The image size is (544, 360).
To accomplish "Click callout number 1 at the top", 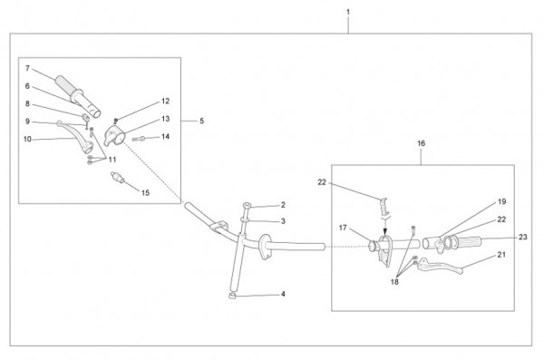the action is tap(348, 12).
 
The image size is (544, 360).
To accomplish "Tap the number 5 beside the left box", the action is tap(201, 121).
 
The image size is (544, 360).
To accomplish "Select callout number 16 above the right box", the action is tap(422, 143).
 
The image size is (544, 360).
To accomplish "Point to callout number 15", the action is tap(145, 192).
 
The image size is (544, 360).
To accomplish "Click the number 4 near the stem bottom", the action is tap(283, 294).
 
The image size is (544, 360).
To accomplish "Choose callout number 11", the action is tap(112, 160).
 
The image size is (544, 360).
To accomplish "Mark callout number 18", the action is tap(394, 281).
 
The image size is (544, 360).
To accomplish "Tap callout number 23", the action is tap(523, 237).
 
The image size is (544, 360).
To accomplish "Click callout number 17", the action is tap(343, 228).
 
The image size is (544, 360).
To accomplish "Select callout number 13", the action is tap(166, 119).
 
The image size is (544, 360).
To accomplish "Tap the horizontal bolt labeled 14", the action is tap(139, 139).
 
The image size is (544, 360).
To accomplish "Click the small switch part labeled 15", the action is tap(117, 177).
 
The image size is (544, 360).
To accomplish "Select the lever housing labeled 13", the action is tap(114, 136).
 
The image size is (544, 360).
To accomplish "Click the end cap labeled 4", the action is tap(232, 296).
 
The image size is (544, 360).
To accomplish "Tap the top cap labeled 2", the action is tap(247, 206).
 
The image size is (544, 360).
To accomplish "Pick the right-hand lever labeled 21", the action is tap(440, 266).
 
